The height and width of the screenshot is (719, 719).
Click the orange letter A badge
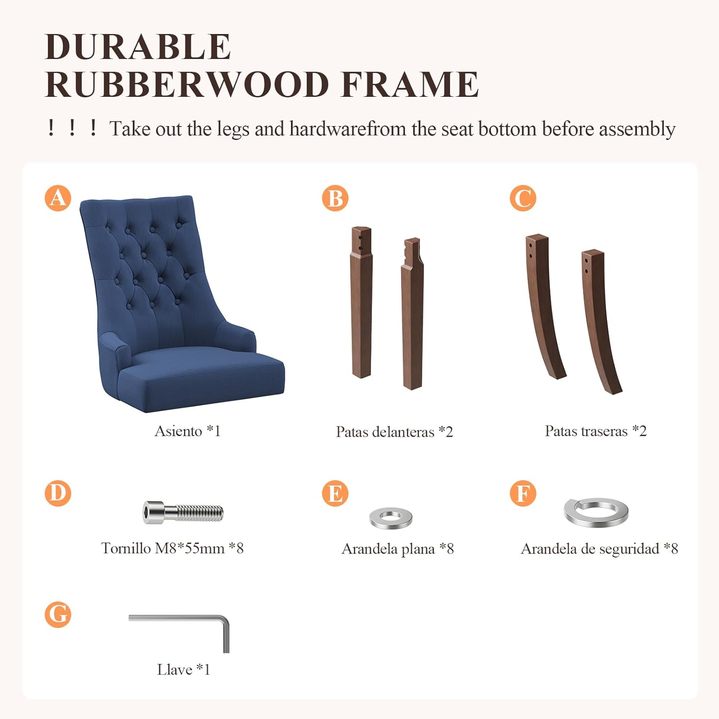(x=58, y=198)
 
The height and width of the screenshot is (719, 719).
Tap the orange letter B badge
(x=335, y=198)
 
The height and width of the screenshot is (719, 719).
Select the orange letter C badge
(x=523, y=198)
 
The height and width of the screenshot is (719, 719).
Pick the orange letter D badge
(x=58, y=493)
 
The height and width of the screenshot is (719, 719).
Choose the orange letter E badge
(x=335, y=493)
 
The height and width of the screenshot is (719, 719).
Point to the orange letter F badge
(x=523, y=493)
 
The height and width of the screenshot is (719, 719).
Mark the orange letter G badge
(x=58, y=615)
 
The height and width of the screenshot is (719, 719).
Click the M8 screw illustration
(x=183, y=512)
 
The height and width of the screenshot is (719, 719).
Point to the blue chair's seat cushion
(x=201, y=376)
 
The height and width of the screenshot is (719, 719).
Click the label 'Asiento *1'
(x=187, y=431)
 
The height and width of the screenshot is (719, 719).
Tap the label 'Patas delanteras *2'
(x=394, y=432)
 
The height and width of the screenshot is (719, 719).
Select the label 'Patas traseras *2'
(x=596, y=431)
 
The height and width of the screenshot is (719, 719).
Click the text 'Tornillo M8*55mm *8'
(x=173, y=548)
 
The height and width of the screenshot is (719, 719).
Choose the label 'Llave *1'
(x=184, y=669)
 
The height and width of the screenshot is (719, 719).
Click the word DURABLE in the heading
(x=138, y=47)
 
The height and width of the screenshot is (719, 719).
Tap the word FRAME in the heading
(x=409, y=84)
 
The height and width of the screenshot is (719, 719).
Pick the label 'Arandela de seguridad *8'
(x=600, y=549)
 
